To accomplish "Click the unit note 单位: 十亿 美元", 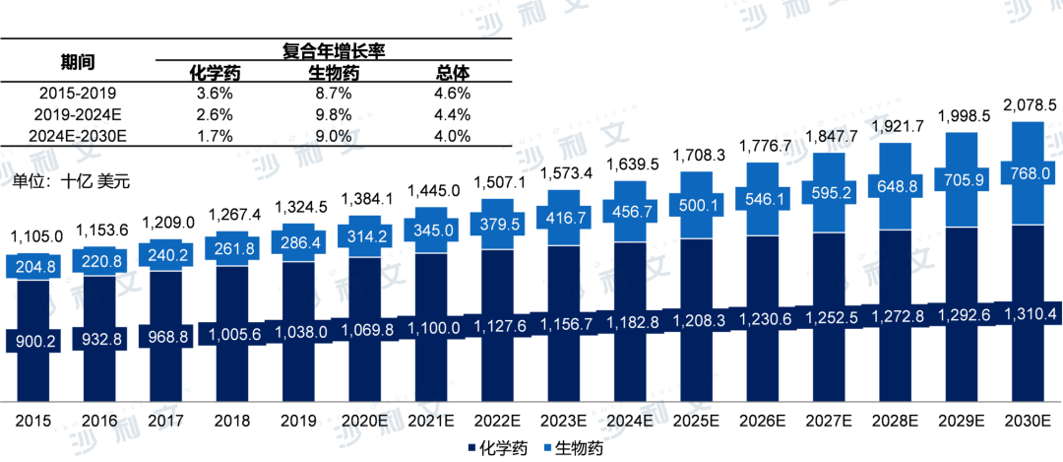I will click(x=71, y=181).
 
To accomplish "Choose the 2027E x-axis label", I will click(x=830, y=421).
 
